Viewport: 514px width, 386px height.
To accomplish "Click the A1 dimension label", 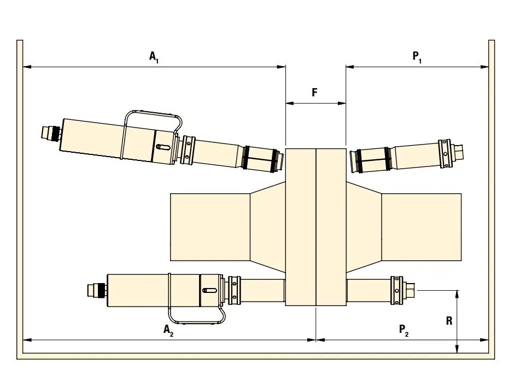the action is [154, 57].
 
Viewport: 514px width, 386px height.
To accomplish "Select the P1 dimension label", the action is [417, 57].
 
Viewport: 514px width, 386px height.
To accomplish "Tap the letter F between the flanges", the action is [315, 92].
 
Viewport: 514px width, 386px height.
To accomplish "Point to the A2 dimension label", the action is [168, 330].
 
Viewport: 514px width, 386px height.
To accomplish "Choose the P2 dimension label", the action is [404, 330].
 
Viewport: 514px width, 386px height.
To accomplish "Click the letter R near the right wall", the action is [449, 321].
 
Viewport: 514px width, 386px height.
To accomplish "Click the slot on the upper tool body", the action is [163, 147].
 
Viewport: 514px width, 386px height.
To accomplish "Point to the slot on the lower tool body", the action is [209, 290].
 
